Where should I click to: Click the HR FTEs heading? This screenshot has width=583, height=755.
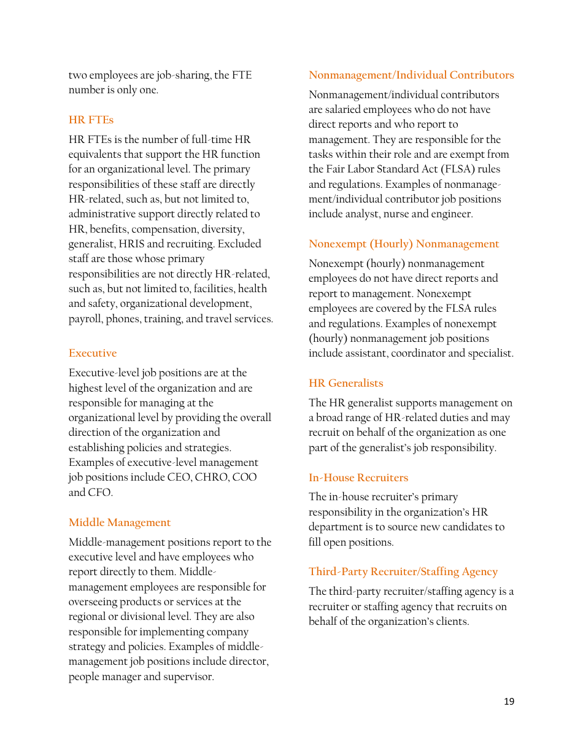pyautogui.click(x=91, y=120)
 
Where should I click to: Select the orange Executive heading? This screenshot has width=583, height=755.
pyautogui.click(x=93, y=353)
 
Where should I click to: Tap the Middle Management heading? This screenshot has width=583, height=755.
pyautogui.click(x=120, y=522)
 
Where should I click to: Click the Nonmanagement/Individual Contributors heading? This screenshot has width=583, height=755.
pyautogui.click(x=411, y=75)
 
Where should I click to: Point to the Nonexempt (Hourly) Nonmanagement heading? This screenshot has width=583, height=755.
pyautogui.click(x=404, y=244)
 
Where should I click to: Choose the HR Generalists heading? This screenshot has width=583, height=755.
pyautogui.click(x=346, y=383)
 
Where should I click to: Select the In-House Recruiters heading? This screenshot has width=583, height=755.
pyautogui.click(x=358, y=478)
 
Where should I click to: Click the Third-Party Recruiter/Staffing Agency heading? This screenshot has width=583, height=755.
pyautogui.click(x=403, y=571)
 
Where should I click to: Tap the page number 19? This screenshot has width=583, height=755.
pyautogui.click(x=509, y=702)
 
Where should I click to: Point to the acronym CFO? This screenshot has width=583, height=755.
pyautogui.click(x=100, y=492)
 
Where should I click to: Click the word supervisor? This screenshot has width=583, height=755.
pyautogui.click(x=187, y=676)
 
